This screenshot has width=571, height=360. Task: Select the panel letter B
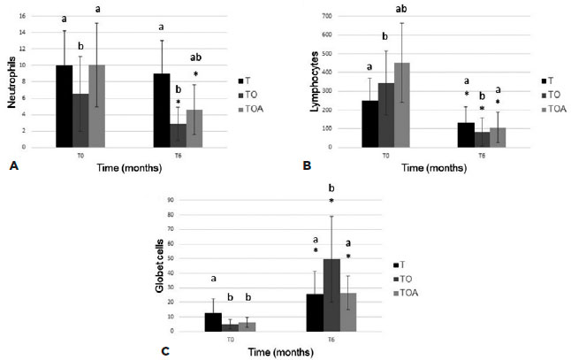click(304, 165)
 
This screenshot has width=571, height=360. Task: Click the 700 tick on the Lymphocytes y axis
click(327, 16)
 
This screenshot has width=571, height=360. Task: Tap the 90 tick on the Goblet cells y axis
click(187, 200)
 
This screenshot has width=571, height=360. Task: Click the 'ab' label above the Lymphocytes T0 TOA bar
click(401, 9)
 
